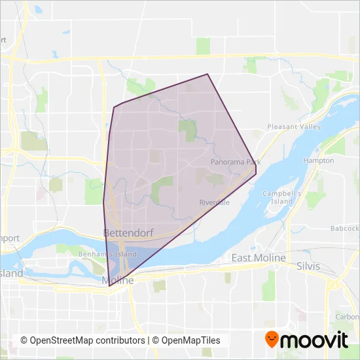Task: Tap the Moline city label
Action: point(118,280)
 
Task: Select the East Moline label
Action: point(259,259)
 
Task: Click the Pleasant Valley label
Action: point(291,126)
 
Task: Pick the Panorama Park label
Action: point(236,161)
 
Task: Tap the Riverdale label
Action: point(215,203)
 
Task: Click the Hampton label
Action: point(318,160)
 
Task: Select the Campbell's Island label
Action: point(281,197)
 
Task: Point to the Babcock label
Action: point(345,228)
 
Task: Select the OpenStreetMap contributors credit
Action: point(82,340)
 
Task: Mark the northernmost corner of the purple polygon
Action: point(208,74)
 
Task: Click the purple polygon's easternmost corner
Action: point(256,173)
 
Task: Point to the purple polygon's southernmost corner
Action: point(109,286)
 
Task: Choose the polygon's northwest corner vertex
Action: point(115,107)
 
